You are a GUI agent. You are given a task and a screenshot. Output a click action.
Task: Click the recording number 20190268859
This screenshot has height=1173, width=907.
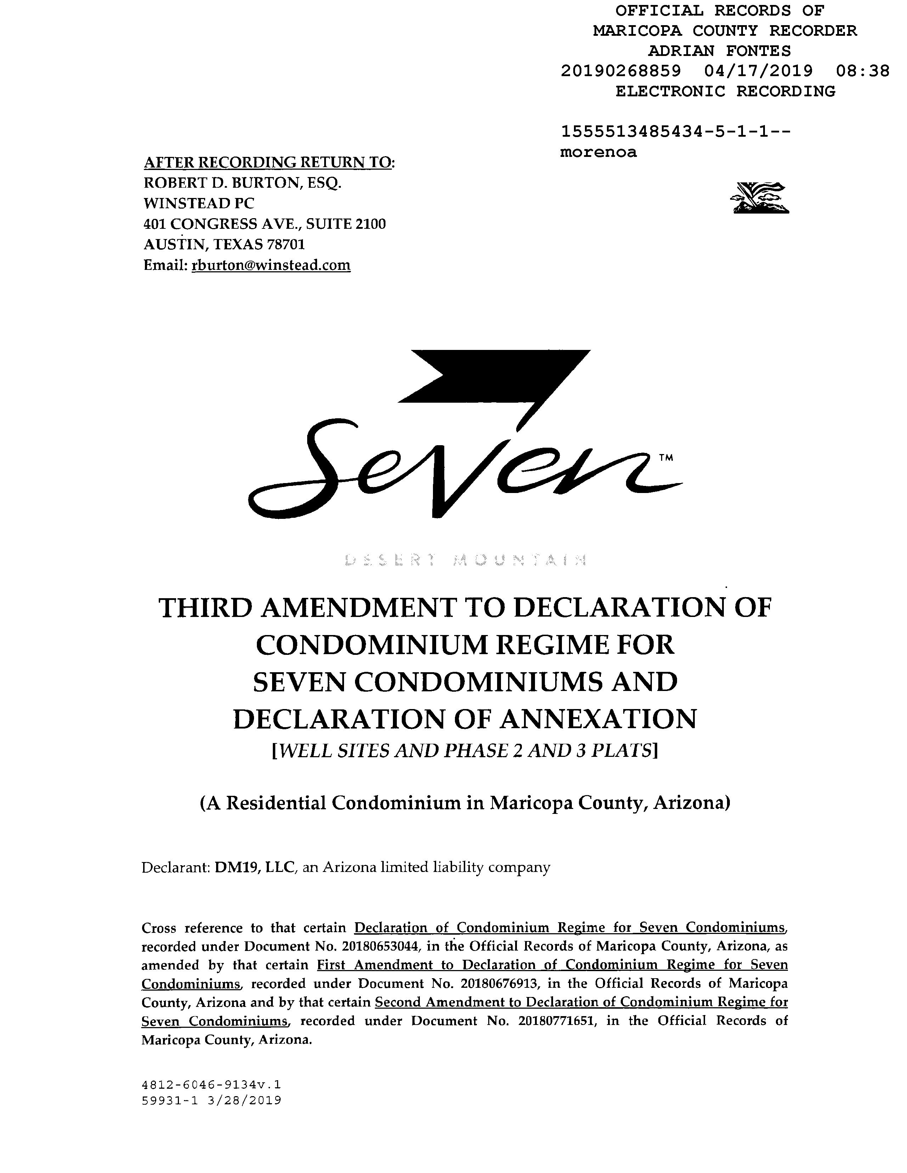click(621, 71)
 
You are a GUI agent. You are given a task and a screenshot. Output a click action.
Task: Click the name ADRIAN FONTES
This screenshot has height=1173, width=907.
click(720, 51)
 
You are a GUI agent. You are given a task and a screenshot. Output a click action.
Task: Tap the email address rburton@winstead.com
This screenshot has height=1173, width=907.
click(271, 265)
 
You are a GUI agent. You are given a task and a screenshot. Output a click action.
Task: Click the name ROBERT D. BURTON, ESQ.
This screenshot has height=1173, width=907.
click(242, 183)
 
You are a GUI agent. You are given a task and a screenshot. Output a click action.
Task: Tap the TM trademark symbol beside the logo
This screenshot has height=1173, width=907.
click(665, 458)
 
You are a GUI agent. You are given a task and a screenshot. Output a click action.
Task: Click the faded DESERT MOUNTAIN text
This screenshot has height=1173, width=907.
click(465, 560)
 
